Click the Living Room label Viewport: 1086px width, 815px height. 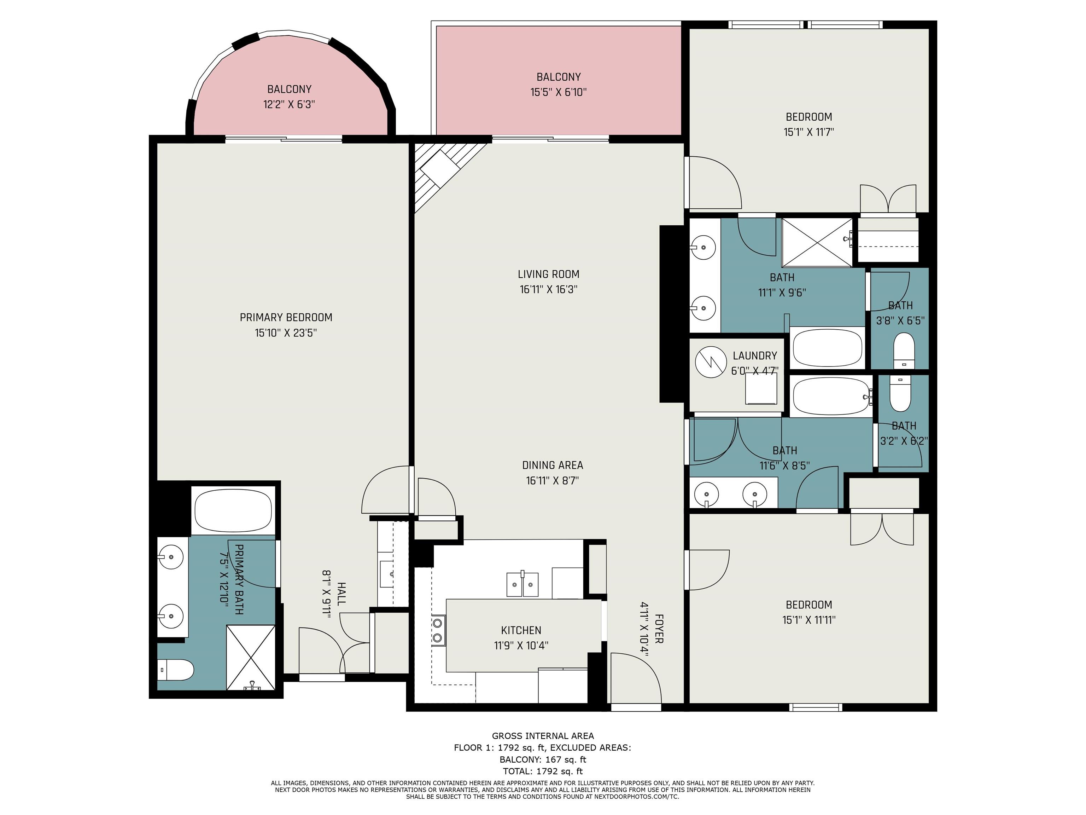[x=548, y=274]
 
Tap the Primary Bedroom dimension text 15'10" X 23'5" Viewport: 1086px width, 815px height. [x=286, y=333]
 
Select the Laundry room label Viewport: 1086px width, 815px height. [x=755, y=356]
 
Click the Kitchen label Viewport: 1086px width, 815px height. [x=521, y=630]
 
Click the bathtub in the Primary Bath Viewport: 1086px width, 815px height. [x=233, y=510]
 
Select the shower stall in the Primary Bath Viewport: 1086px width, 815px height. [x=250, y=657]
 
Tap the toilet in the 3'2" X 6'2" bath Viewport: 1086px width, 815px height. [x=900, y=393]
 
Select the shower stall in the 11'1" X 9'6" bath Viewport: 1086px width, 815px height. [x=817, y=243]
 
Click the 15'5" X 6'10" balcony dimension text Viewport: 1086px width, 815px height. [x=559, y=92]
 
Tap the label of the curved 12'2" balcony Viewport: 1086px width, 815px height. [x=289, y=89]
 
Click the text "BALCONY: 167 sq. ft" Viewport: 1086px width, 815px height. [x=543, y=759]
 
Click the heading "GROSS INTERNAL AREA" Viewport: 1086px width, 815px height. [x=543, y=736]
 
